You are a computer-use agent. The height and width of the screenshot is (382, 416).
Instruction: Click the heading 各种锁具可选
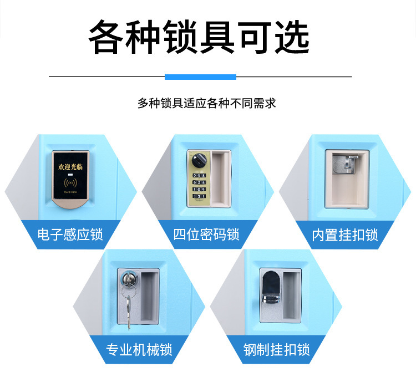pyautogui.click(x=199, y=38)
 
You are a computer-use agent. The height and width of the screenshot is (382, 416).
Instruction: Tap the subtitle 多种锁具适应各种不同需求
pyautogui.click(x=207, y=103)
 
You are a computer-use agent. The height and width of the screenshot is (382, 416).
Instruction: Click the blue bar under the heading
pyautogui.click(x=201, y=77)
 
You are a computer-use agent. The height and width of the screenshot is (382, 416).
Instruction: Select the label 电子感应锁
pyautogui.click(x=70, y=235)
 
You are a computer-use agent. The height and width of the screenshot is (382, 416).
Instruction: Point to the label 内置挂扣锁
pyautogui.click(x=344, y=235)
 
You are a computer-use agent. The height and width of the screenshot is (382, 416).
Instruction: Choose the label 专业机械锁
pyautogui.click(x=139, y=350)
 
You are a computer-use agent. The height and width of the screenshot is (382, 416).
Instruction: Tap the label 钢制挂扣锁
pyautogui.click(x=276, y=350)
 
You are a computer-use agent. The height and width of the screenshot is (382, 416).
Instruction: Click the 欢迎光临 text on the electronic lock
pyautogui.click(x=70, y=166)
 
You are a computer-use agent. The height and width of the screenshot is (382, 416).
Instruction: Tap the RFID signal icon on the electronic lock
pyautogui.click(x=70, y=182)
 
